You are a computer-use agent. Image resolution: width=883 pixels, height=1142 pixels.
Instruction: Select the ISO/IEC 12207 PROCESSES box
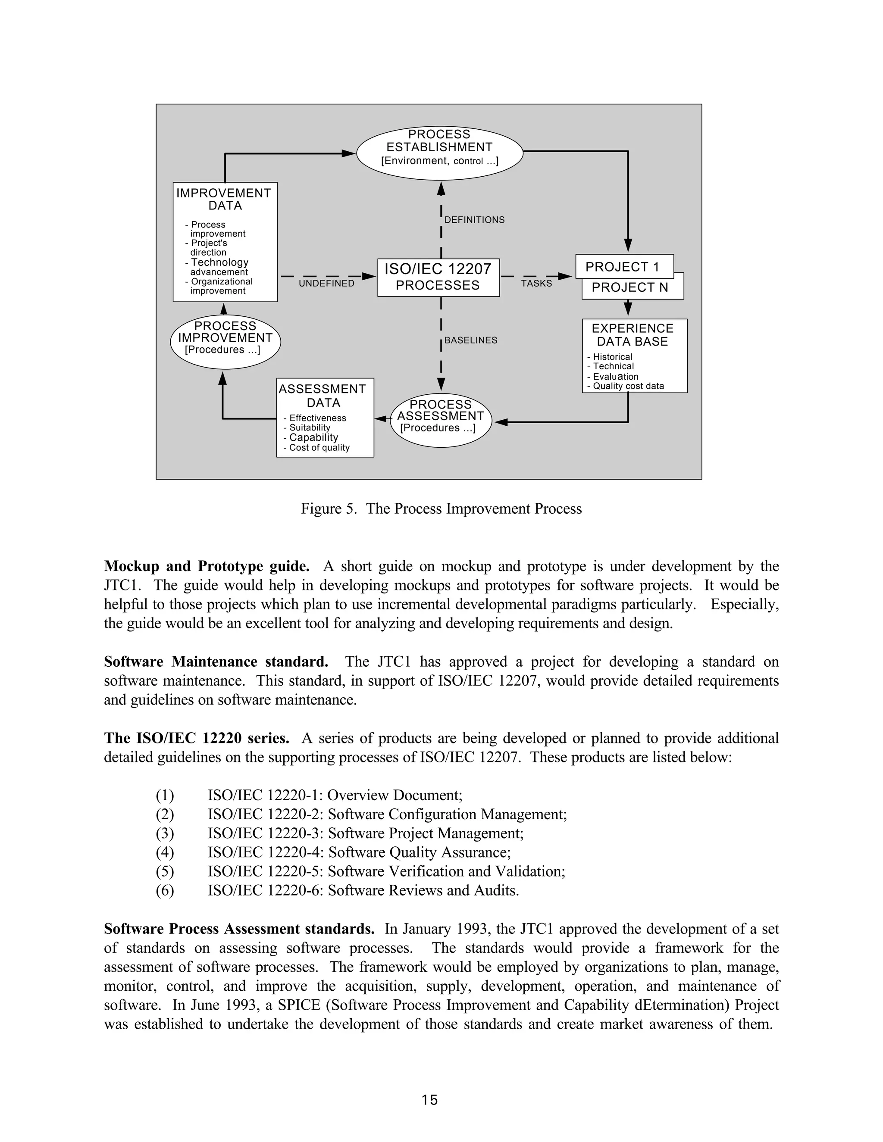(438, 277)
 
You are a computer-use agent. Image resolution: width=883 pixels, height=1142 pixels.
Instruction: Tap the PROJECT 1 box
(624, 267)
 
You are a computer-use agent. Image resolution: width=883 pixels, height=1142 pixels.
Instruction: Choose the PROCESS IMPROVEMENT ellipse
(225, 341)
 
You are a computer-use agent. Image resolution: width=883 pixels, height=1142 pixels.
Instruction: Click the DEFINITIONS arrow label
(474, 220)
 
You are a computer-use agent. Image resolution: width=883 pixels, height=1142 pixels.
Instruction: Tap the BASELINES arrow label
(471, 340)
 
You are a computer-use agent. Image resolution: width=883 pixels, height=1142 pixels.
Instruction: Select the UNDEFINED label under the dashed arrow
(326, 284)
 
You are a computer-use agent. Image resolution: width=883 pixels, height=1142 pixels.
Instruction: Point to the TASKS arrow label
(536, 284)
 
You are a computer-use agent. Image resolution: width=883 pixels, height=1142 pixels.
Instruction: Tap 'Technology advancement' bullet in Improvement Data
(219, 267)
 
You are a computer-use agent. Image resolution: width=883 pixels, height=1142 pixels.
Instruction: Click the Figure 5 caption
(441, 509)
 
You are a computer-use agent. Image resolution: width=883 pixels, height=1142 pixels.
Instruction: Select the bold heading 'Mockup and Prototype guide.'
(207, 566)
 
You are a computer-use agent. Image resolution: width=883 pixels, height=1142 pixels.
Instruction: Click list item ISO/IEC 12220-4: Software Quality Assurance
(359, 852)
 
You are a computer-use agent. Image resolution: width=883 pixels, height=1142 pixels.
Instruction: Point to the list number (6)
(165, 890)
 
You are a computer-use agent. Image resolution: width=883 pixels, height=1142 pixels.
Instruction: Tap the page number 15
(429, 1100)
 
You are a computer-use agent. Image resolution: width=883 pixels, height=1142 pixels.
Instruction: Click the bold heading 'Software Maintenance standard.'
(216, 661)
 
